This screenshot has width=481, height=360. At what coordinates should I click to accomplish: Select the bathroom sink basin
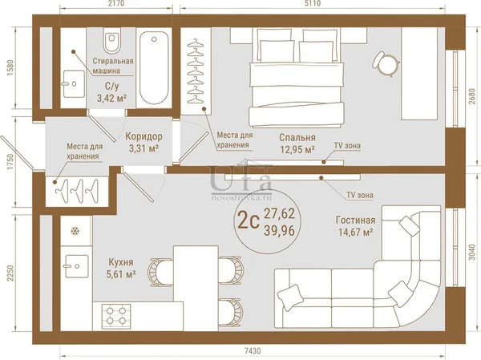pyautogui.click(x=74, y=83)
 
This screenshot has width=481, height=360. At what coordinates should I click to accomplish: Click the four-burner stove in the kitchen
pyautogui.click(x=116, y=315)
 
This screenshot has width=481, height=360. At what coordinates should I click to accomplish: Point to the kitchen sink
pyautogui.click(x=76, y=266)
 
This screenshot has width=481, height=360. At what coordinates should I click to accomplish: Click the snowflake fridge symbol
pyautogui.click(x=75, y=230)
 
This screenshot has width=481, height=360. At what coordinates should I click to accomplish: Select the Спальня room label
pyautogui.click(x=297, y=137)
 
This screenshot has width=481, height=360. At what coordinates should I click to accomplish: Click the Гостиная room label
pyautogui.click(x=355, y=220)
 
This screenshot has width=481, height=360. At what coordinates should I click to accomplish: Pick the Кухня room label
pyautogui.click(x=121, y=262)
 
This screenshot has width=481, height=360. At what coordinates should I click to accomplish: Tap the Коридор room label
pyautogui.click(x=143, y=136)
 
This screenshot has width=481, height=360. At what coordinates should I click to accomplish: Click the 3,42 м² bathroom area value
pyautogui.click(x=112, y=98)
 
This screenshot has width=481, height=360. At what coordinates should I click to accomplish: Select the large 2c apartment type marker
pyautogui.click(x=248, y=221)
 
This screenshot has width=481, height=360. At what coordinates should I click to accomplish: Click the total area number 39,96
pyautogui.click(x=279, y=230)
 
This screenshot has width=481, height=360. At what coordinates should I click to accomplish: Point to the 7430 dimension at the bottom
pyautogui.click(x=253, y=350)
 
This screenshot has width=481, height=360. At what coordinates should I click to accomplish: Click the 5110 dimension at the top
pyautogui.click(x=313, y=3)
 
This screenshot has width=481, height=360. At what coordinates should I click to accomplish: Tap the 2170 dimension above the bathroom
pyautogui.click(x=115, y=3)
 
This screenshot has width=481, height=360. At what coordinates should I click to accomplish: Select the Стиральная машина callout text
pyautogui.click(x=113, y=66)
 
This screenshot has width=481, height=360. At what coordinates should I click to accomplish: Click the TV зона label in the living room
pyautogui.click(x=360, y=195)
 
